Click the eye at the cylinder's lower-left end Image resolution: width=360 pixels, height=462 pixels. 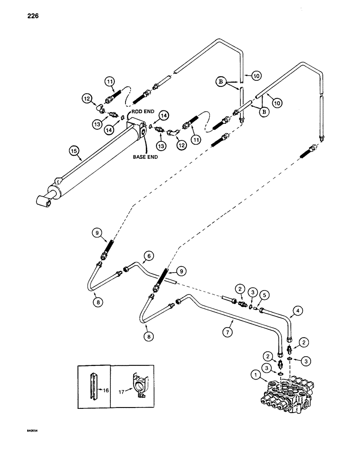click(x=45, y=200)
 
